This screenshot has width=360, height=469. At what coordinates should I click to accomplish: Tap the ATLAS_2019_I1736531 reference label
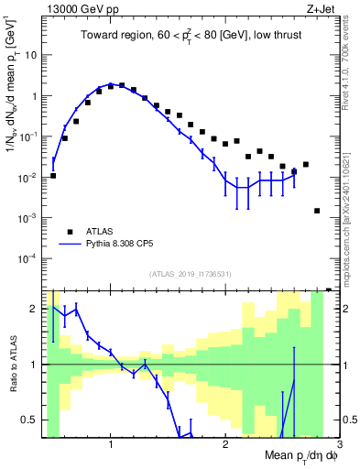(x=189, y=273)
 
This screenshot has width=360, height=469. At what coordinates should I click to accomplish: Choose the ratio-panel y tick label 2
(x=37, y=309)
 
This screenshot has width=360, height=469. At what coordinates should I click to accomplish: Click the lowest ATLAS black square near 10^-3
(x=317, y=211)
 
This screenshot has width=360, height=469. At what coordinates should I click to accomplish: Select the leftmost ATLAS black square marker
(x=53, y=175)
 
